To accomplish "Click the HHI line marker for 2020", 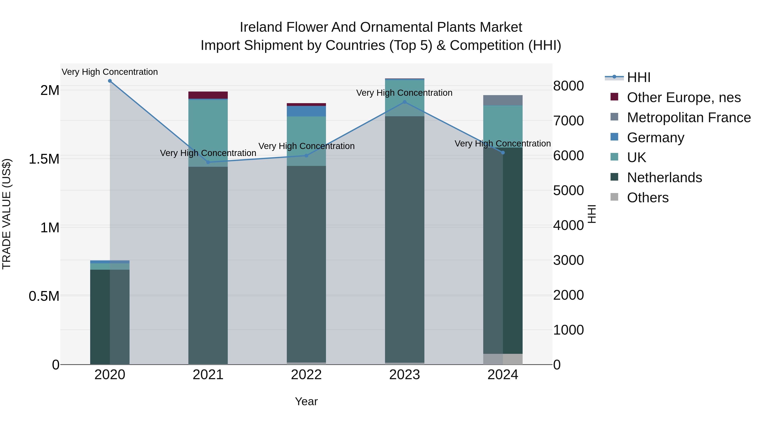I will pyautogui.click(x=110, y=81).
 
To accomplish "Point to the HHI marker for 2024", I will pyautogui.click(x=503, y=153).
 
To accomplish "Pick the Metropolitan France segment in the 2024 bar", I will pyautogui.click(x=503, y=100).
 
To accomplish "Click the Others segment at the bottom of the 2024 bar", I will pyautogui.click(x=503, y=359).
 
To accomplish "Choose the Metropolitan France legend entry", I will pyautogui.click(x=689, y=118).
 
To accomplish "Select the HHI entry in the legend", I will pyautogui.click(x=638, y=77).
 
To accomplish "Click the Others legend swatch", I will pyautogui.click(x=614, y=197).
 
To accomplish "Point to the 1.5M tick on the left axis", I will pyautogui.click(x=44, y=159).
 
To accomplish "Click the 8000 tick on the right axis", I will pyautogui.click(x=568, y=86).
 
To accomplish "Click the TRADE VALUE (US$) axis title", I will pyautogui.click(x=7, y=214).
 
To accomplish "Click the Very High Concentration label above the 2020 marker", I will pyautogui.click(x=110, y=72).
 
